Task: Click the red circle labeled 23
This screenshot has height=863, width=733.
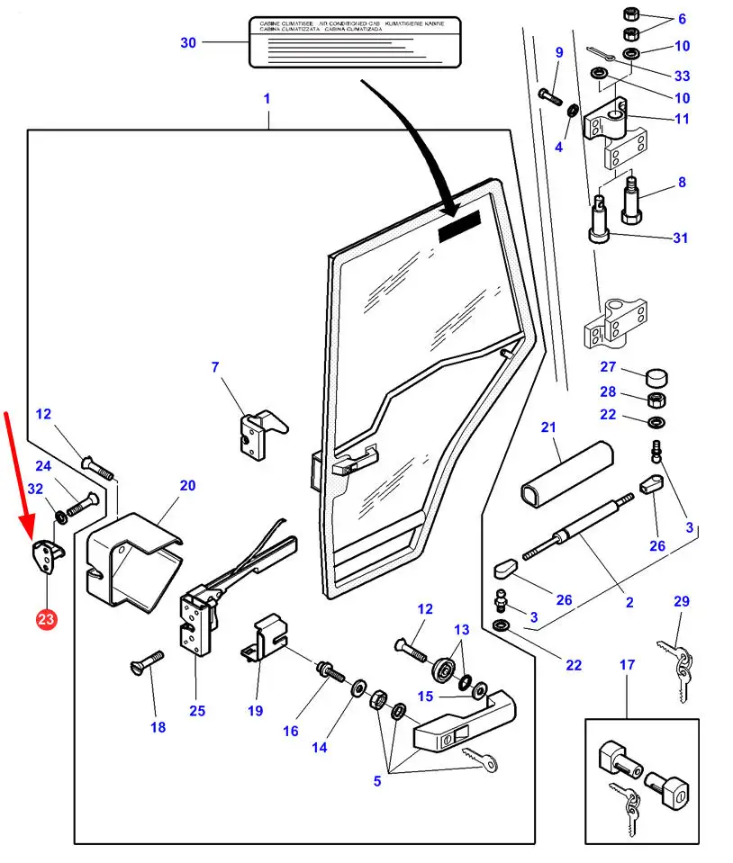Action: tap(46, 619)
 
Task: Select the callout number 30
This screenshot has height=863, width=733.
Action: tap(187, 42)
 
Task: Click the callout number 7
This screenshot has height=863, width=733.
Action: tap(215, 367)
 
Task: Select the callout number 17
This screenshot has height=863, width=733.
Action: tap(627, 665)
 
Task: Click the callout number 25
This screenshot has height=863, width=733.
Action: tap(197, 711)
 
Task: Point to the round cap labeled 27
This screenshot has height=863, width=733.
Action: tap(657, 374)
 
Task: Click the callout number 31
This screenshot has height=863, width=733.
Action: tap(681, 238)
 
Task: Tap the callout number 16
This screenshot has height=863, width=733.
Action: tap(290, 731)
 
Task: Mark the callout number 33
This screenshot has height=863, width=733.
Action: tap(682, 76)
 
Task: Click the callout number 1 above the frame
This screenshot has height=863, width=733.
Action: tap(267, 98)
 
